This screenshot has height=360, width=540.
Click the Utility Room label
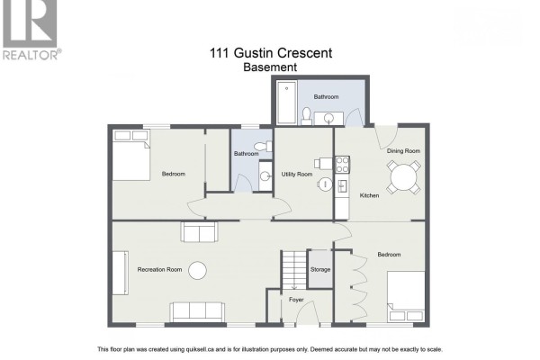coord(297,175)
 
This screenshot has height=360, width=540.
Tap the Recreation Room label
coord(159,270)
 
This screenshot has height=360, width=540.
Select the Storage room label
coord(320,270)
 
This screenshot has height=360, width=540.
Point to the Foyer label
coord(296,300)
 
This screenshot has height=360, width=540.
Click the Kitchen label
coord(369,195)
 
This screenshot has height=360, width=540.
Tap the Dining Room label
coord(403,151)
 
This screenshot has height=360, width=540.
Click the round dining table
coord(403,177)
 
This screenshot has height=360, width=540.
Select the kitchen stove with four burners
coord(342,165)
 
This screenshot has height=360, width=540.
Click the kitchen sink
coord(342,186)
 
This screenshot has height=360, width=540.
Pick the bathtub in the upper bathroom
coord(287,103)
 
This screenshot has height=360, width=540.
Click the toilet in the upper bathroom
coord(306,116)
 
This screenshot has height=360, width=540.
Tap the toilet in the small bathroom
coord(263,147)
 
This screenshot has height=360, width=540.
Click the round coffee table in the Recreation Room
coord(197,270)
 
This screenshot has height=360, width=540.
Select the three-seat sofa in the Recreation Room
coord(197,312)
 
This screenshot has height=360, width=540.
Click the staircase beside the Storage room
coord(294,270)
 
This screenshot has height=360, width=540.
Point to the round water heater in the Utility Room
coord(325,184)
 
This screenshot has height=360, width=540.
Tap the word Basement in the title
coord(270,67)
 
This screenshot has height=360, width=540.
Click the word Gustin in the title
coord(254,53)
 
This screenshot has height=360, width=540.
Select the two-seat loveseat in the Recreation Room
coord(199,231)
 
